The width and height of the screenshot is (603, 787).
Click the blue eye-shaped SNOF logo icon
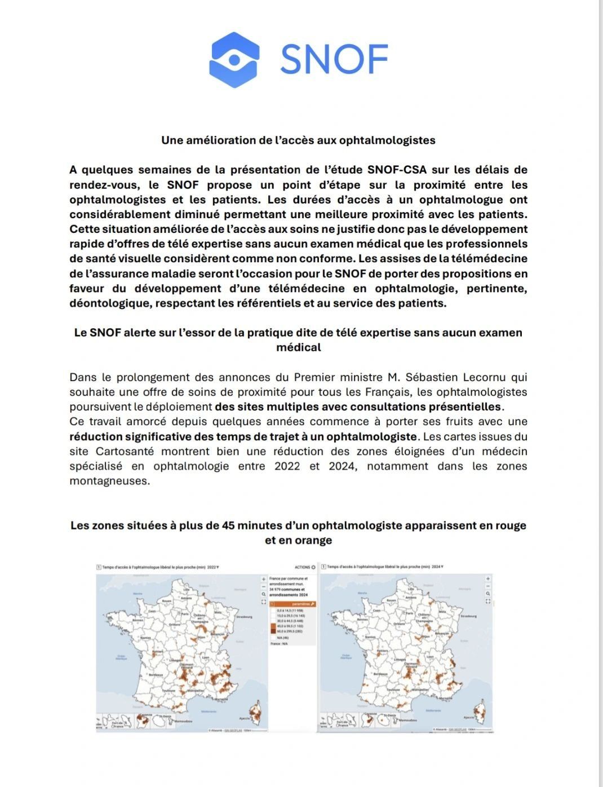coord(234,59)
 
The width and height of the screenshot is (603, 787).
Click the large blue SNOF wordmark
coord(334,59)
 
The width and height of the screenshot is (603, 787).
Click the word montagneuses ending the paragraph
coord(110,481)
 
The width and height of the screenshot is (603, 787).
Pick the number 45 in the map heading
coord(233,525)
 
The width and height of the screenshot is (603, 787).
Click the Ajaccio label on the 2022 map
coord(243,718)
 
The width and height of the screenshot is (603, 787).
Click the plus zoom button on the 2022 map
coord(263,579)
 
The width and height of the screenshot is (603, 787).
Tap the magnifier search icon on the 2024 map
coord(488,594)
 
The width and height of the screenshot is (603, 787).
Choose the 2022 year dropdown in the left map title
coord(214,567)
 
